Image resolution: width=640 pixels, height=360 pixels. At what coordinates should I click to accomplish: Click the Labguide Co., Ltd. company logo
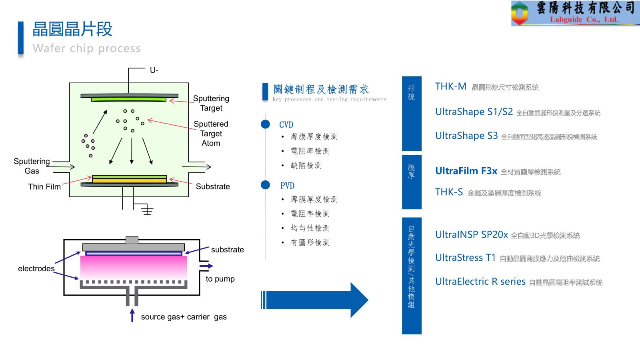tap(575, 13)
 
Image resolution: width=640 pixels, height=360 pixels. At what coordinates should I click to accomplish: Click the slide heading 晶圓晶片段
tap(72, 29)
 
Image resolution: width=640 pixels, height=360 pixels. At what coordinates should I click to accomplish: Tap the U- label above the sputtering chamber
tap(154, 70)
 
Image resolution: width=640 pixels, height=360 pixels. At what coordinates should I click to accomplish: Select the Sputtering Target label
tap(211, 103)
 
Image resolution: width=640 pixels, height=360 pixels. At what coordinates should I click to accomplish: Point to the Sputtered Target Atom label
tap(211, 134)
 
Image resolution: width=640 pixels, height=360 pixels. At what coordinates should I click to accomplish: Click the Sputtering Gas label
tap(32, 166)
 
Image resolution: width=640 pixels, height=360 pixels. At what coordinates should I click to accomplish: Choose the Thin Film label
tap(44, 187)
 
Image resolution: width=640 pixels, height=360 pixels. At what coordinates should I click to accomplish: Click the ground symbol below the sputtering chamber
tap(147, 210)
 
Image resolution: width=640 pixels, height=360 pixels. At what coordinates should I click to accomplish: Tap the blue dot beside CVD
tap(265, 124)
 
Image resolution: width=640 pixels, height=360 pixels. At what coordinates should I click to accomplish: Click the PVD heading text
tap(287, 186)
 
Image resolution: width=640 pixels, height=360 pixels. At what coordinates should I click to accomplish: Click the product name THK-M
tap(451, 86)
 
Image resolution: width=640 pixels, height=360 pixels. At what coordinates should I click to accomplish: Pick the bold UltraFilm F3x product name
tap(466, 171)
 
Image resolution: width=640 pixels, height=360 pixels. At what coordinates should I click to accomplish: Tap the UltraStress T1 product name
tap(465, 258)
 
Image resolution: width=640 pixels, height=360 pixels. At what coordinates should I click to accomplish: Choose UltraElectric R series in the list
tap(480, 282)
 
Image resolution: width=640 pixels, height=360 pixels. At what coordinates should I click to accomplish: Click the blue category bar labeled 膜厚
tap(412, 182)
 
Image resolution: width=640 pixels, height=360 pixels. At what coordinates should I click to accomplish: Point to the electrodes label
tap(36, 268)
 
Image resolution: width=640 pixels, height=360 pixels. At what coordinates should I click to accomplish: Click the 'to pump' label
tap(220, 279)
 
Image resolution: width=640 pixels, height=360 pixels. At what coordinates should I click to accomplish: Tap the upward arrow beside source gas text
tap(132, 315)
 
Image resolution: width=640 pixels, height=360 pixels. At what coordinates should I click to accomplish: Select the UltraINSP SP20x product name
tap(471, 235)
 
